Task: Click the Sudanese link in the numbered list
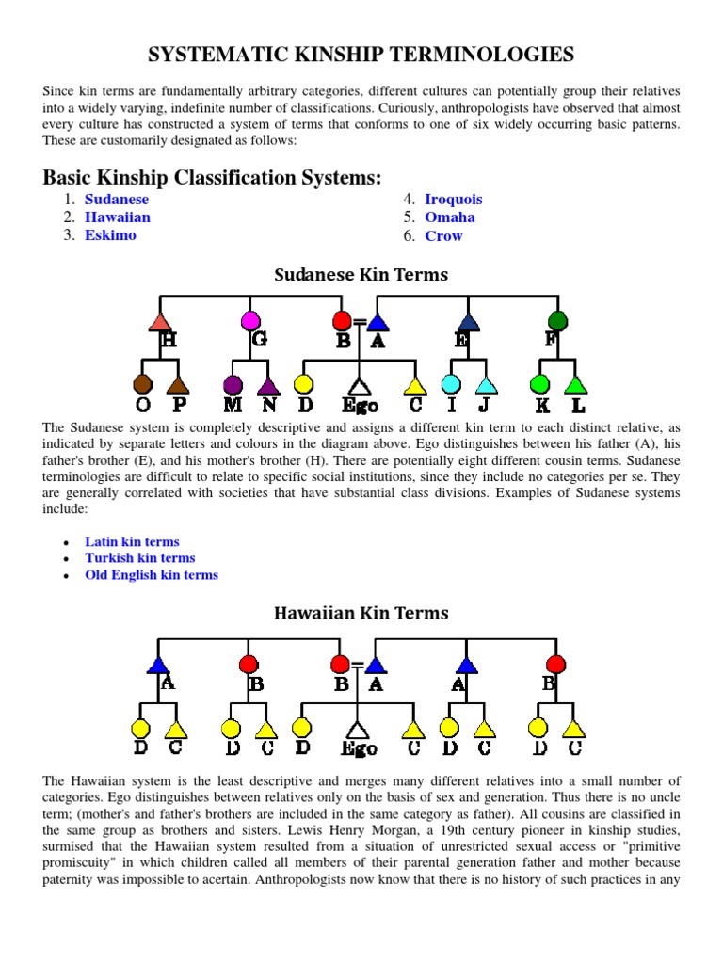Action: tap(117, 200)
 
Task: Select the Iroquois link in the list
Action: tap(453, 200)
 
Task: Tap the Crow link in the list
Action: tap(443, 236)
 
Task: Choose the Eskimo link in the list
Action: tap(110, 235)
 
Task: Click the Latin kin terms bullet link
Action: tap(132, 542)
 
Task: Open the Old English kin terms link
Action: tap(152, 575)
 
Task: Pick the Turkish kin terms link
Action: tap(140, 558)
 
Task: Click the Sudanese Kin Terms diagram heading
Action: tap(361, 275)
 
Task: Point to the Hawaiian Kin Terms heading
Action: tap(361, 613)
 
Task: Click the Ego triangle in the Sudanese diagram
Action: tap(358, 386)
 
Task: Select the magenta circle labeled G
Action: tap(250, 321)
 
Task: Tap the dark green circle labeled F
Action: tap(557, 321)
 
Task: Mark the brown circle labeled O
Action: tap(143, 384)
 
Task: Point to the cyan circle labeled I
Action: tap(451, 384)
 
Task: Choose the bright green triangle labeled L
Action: tap(576, 384)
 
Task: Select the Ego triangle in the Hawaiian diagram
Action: tap(358, 730)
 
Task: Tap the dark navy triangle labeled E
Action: tap(467, 321)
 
